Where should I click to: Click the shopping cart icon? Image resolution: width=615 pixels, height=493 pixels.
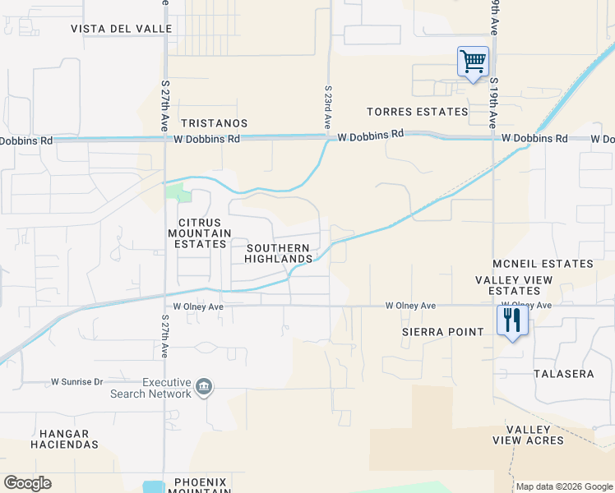pyautogui.click(x=473, y=62)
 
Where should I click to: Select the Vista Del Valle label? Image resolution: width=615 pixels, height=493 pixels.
pyautogui.click(x=122, y=28)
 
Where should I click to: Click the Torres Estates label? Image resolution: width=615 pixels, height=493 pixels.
pyautogui.click(x=418, y=112)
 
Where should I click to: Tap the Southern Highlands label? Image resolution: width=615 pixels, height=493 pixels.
pyautogui.click(x=279, y=253)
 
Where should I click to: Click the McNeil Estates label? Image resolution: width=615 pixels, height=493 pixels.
pyautogui.click(x=543, y=264)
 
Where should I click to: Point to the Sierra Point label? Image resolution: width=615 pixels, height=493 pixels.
pyautogui.click(x=443, y=332)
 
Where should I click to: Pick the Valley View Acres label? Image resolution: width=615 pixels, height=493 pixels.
pyautogui.click(x=529, y=435)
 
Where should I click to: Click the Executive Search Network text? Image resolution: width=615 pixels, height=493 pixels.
pyautogui.click(x=150, y=388)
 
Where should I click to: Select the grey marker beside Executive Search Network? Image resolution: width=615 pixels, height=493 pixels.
pyautogui.click(x=205, y=386)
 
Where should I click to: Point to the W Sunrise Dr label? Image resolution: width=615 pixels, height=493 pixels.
pyautogui.click(x=77, y=382)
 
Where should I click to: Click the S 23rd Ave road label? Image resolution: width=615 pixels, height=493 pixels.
pyautogui.click(x=327, y=107)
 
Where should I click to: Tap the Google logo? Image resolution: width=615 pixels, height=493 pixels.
pyautogui.click(x=27, y=483)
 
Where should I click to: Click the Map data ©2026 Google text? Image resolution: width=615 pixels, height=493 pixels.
pyautogui.click(x=564, y=486)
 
